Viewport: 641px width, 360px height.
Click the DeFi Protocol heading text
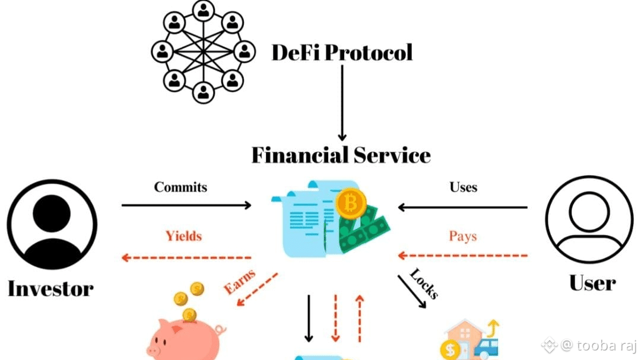pyautogui.click(x=342, y=53)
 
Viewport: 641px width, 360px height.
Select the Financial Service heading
pyautogui.click(x=341, y=155)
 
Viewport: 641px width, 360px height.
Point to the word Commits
pyautogui.click(x=181, y=187)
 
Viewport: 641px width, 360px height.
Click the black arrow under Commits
pyautogui.click(x=186, y=206)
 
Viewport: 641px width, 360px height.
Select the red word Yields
pyautogui.click(x=183, y=236)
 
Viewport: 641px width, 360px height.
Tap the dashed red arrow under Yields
pyautogui.click(x=186, y=257)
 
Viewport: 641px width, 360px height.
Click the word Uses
pyautogui.click(x=463, y=187)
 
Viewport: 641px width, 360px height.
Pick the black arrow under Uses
pyautogui.click(x=462, y=207)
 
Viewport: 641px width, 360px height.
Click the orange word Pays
pyautogui.click(x=463, y=236)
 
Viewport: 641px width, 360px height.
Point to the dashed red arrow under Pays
pyautogui.click(x=462, y=256)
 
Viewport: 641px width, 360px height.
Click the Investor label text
pyautogui.click(x=50, y=289)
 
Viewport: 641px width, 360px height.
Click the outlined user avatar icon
pyautogui.click(x=589, y=220)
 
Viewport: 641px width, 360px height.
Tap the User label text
pyautogui.click(x=592, y=283)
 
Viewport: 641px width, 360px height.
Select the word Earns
pyautogui.click(x=240, y=282)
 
